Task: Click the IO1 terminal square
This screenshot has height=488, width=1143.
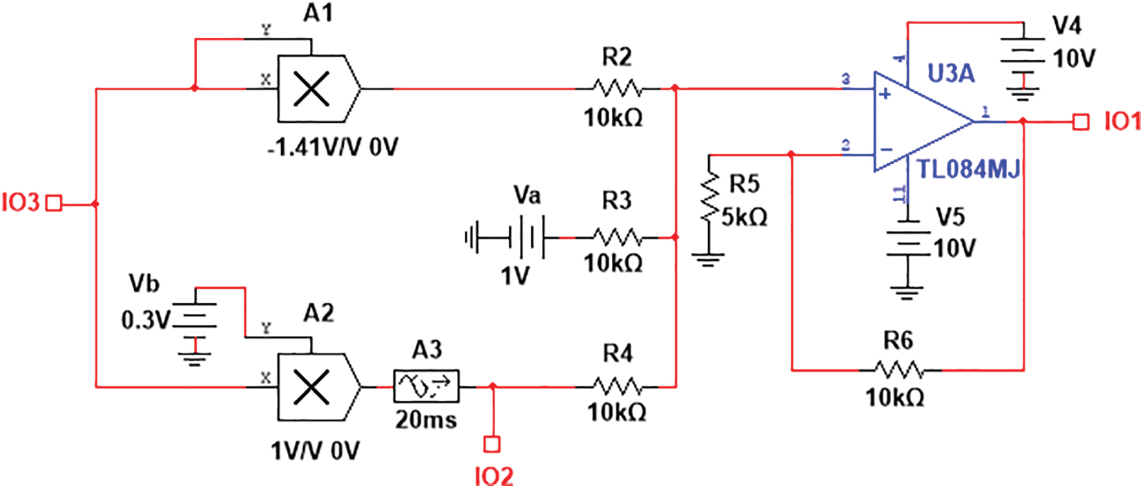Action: (1080, 122)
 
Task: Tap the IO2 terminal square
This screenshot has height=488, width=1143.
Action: (492, 444)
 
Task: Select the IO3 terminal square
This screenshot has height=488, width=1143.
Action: (53, 203)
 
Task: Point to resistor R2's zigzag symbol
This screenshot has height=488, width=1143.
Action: (617, 88)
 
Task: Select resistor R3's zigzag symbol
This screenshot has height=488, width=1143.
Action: (617, 238)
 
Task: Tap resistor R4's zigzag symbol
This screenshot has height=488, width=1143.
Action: (617, 387)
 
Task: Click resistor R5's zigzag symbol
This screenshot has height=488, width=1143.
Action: (709, 198)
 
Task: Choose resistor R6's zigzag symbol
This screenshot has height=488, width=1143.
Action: (898, 370)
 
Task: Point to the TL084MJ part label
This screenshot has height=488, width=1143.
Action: (968, 169)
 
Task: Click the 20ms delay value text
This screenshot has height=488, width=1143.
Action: (425, 420)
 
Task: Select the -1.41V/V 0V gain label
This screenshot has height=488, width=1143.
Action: (333, 147)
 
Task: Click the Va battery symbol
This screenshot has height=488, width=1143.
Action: (526, 238)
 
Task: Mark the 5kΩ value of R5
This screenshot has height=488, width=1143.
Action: (745, 218)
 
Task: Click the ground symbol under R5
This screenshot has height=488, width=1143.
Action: (708, 261)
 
